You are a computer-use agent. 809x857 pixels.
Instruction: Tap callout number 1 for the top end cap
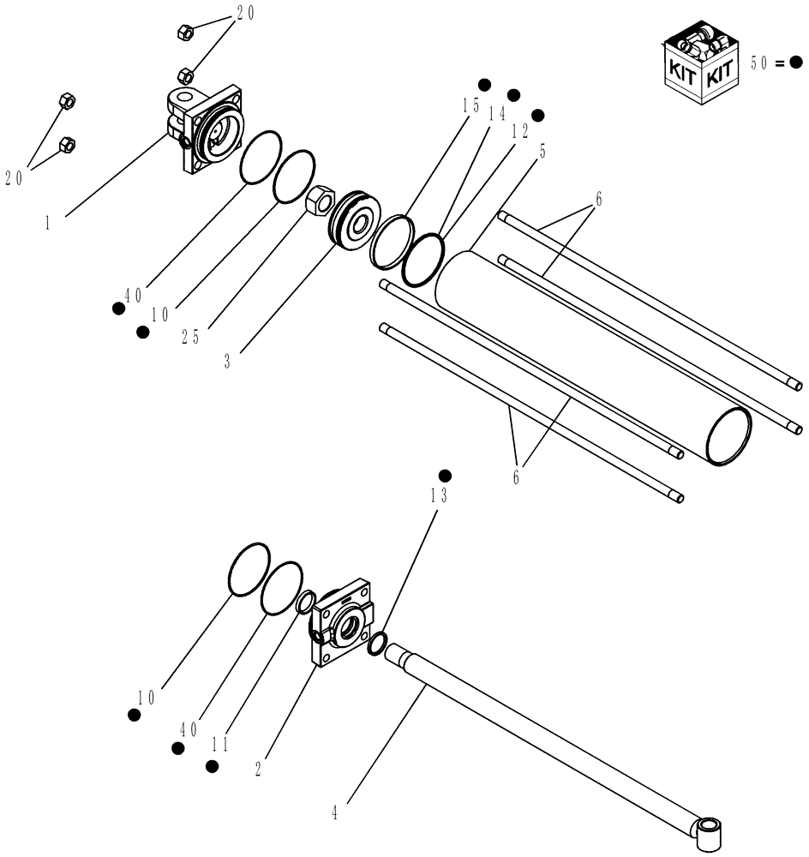point(48,222)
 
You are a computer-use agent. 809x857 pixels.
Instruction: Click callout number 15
point(470,105)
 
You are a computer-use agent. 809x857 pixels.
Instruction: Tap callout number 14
point(496,115)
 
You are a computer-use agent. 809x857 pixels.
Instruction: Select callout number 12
point(519,131)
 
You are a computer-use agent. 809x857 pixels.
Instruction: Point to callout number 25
point(190,337)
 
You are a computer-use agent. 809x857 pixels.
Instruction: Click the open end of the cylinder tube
point(727,437)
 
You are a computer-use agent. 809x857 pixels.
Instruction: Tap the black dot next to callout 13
point(445,476)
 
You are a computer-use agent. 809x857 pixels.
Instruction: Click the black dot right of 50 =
point(796,63)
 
